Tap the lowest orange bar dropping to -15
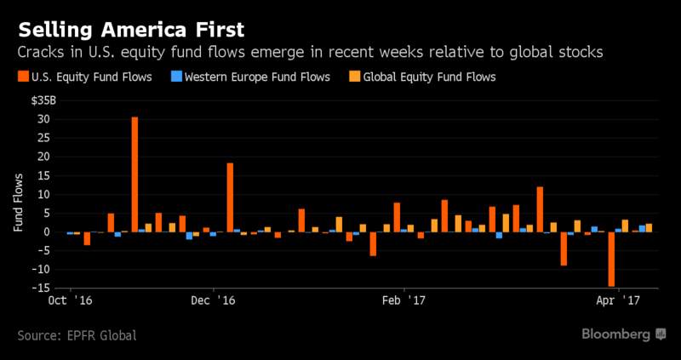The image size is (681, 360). click(x=611, y=259)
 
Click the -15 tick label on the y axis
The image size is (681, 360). click(x=41, y=287)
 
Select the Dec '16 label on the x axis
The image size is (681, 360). click(x=211, y=301)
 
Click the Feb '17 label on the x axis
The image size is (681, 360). click(x=403, y=301)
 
